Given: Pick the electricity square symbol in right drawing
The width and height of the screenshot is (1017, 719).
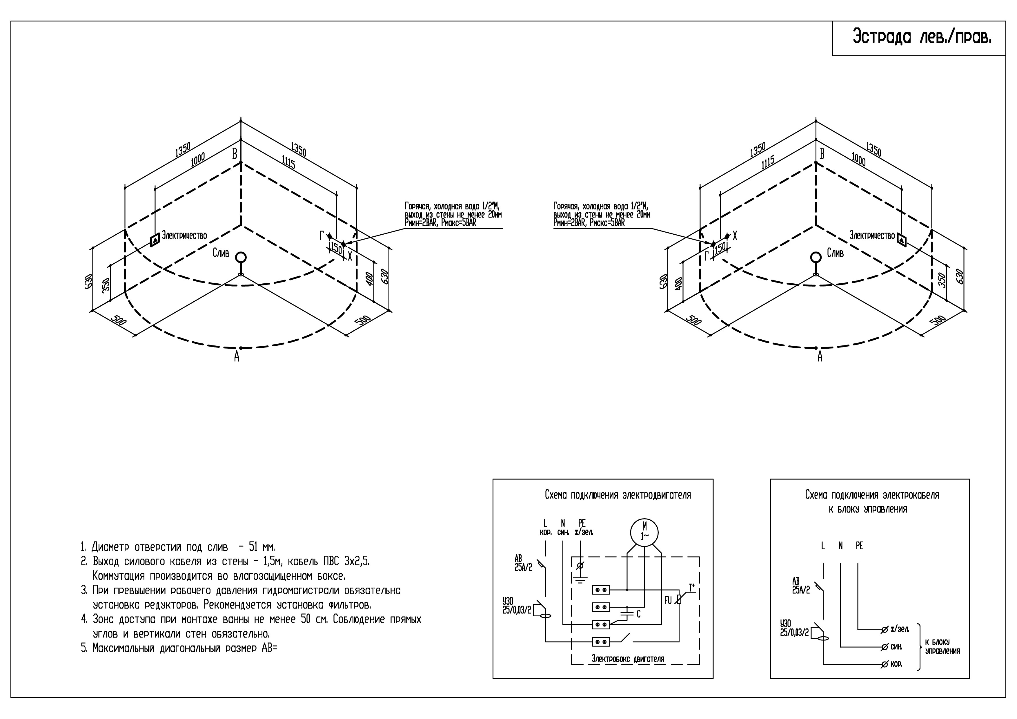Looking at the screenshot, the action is [901, 240].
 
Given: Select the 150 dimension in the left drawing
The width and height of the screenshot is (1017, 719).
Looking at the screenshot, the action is [337, 248].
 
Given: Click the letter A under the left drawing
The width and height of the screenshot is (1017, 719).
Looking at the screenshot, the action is [237, 357].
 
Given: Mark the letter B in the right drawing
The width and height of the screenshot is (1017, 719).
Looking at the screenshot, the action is [822, 154].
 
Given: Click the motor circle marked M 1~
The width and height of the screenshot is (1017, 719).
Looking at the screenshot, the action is [644, 533].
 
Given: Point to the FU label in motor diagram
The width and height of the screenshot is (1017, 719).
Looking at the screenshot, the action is [668, 601].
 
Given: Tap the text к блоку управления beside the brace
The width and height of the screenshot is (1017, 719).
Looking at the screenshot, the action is [942, 646].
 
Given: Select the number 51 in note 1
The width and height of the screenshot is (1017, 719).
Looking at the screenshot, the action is [254, 547].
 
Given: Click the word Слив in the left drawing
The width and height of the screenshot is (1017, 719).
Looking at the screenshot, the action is [221, 253].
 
